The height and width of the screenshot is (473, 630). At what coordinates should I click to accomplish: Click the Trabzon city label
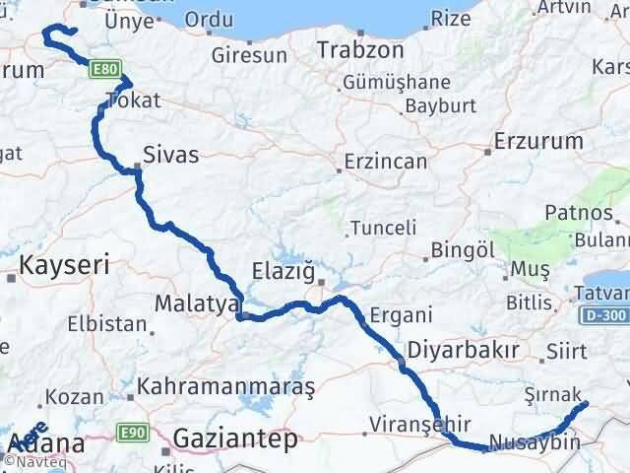pyautogui.click(x=360, y=49)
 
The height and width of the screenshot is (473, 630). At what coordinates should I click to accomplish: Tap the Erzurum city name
pyautogui.click(x=538, y=141)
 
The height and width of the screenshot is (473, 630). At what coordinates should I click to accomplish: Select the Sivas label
pyautogui.click(x=170, y=155)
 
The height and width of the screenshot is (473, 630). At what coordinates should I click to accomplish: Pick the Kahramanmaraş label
pyautogui.click(x=226, y=387)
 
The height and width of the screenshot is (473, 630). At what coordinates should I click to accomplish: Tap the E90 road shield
pyautogui.click(x=132, y=433)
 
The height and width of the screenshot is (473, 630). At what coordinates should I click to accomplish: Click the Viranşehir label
pyautogui.click(x=408, y=425)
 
